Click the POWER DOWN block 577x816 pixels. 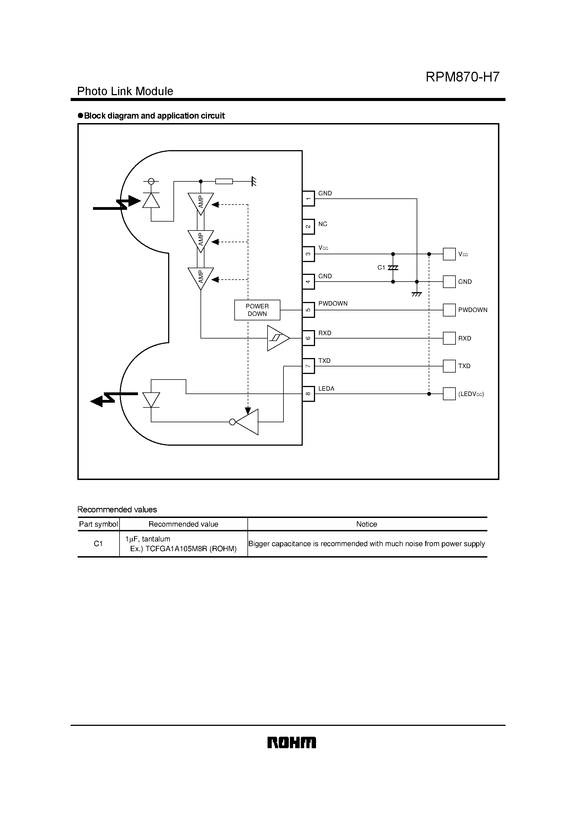pos(257,310)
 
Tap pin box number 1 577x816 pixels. pos(308,198)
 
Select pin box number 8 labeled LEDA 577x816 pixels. pos(308,394)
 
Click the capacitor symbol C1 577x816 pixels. pos(393,268)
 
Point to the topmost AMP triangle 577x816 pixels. pos(201,203)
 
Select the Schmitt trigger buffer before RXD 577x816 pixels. pos(278,338)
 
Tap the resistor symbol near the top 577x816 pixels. pos(224,181)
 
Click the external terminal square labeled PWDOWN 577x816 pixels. pos(449,310)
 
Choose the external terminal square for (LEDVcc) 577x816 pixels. pos(449,394)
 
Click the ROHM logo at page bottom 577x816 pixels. pos(291,743)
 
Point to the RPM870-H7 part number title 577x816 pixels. pos(462,77)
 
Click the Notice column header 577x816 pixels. pos(366,524)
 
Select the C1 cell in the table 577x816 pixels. pos(98,544)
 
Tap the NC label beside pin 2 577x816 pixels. pos(323,224)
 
